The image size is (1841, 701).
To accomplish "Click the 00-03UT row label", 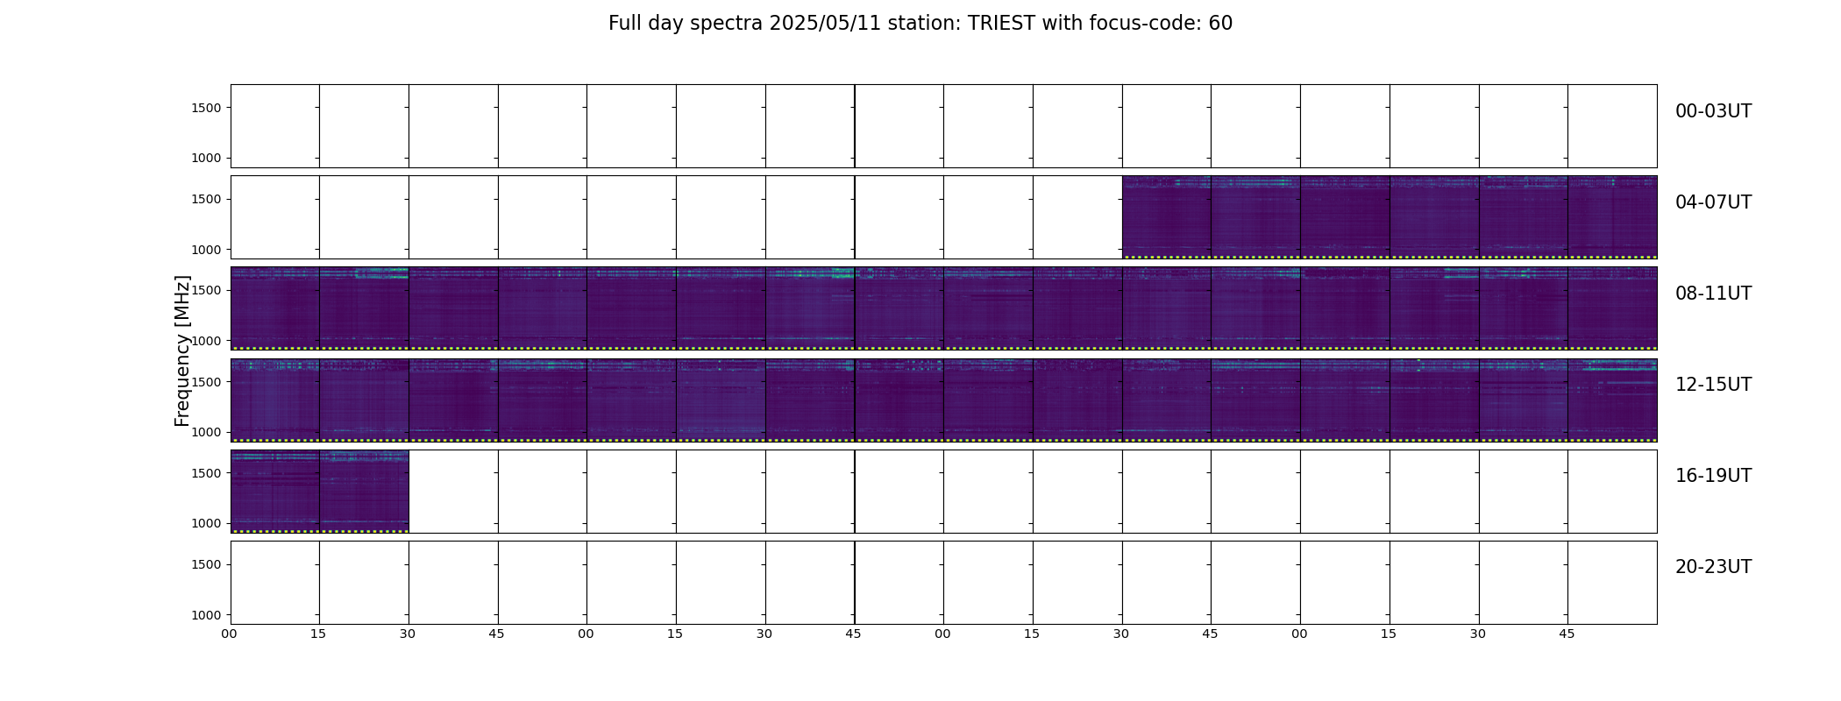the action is pos(1713,111).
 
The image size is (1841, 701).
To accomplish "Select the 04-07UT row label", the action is pos(1713,202).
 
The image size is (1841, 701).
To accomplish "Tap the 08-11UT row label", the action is pos(1713,294).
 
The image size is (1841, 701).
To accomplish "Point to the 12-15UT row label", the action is pos(1713,385).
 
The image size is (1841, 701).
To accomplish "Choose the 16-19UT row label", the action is pos(1713,476).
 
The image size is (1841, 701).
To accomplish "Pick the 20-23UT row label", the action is pos(1713,567).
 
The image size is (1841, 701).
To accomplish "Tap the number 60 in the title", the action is pos(1220,24).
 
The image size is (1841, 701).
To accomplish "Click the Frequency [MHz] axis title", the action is pos(182,350).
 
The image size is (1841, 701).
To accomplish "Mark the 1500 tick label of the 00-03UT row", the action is pos(207,108).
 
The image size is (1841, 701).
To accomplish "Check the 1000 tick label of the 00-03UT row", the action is pos(207,158).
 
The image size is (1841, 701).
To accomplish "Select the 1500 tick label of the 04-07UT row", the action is pos(207,199).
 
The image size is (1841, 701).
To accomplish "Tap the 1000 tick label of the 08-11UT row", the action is pos(207,341).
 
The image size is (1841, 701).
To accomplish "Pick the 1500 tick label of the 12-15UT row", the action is pos(207,382).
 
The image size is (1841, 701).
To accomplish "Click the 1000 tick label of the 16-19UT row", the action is pos(207,523).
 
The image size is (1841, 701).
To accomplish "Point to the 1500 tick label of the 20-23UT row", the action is pos(207,564).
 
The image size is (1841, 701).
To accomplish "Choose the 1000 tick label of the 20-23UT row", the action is pos(207,615).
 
